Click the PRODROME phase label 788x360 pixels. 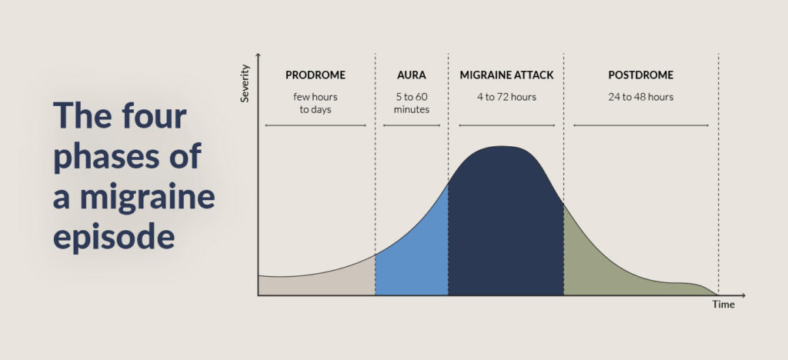pyautogui.click(x=316, y=75)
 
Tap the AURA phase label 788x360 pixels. pyautogui.click(x=411, y=75)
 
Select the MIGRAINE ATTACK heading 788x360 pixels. pyautogui.click(x=506, y=75)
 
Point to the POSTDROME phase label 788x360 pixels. pyautogui.click(x=640, y=75)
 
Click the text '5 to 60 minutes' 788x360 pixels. pyautogui.click(x=411, y=103)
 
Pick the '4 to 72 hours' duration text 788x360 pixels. pyautogui.click(x=506, y=97)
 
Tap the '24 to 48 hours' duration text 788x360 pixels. pyautogui.click(x=640, y=97)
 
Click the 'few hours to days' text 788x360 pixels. pyautogui.click(x=316, y=103)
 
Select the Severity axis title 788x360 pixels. pyautogui.click(x=245, y=84)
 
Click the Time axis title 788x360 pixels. pyautogui.click(x=723, y=305)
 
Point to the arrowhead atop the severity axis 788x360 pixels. pyautogui.click(x=258, y=57)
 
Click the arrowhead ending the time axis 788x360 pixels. pyautogui.click(x=743, y=295)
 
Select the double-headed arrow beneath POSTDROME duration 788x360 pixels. pyautogui.click(x=640, y=125)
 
